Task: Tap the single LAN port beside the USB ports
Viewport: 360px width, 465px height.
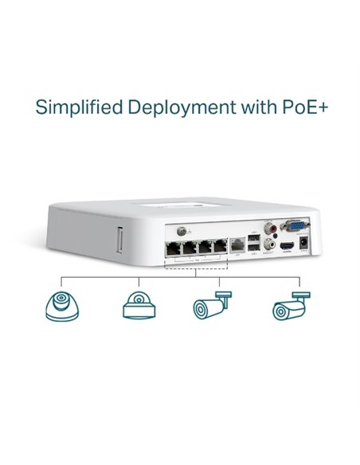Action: [x=237, y=245]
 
